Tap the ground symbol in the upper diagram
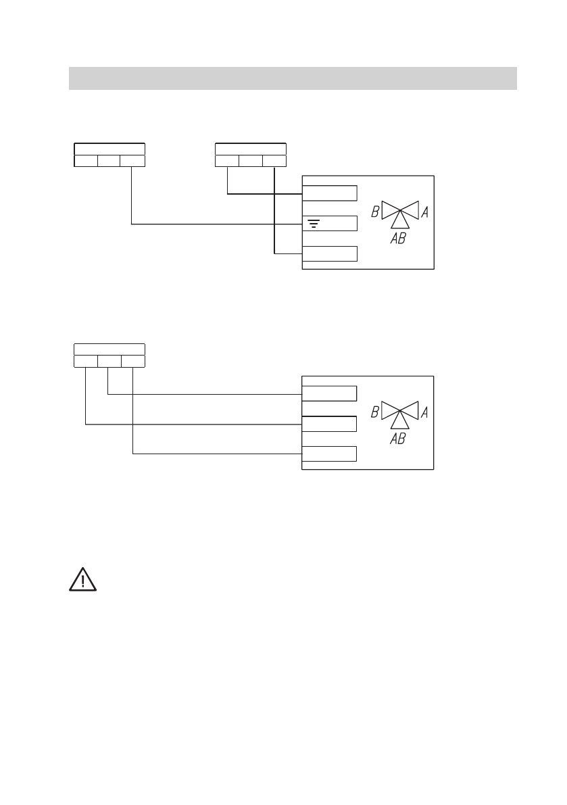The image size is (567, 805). (x=314, y=224)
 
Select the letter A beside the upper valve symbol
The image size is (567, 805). (x=425, y=212)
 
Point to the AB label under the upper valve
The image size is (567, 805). (x=398, y=238)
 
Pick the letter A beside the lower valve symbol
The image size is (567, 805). (x=425, y=412)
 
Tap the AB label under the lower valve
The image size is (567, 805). (x=398, y=438)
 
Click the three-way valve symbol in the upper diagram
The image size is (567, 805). (x=400, y=212)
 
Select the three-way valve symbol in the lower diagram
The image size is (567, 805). (x=400, y=412)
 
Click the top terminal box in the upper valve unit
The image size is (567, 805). (x=329, y=193)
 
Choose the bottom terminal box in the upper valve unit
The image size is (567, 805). (x=329, y=254)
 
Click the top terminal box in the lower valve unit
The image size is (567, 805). (x=329, y=393)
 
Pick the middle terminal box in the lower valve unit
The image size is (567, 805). (x=329, y=424)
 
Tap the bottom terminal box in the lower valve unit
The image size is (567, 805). (x=329, y=454)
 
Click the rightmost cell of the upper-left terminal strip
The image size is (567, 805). (x=132, y=161)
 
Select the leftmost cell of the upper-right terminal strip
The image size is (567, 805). (x=227, y=161)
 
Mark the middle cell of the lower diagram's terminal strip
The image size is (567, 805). (x=109, y=361)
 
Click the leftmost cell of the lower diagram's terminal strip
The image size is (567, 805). (x=85, y=361)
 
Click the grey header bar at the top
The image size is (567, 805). (x=293, y=78)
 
